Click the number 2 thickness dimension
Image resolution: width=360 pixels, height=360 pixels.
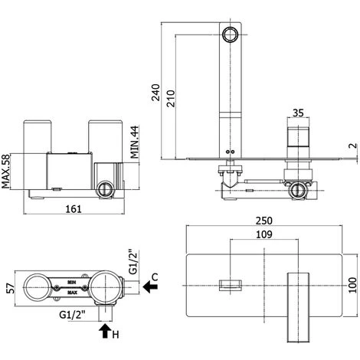point(353,148)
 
